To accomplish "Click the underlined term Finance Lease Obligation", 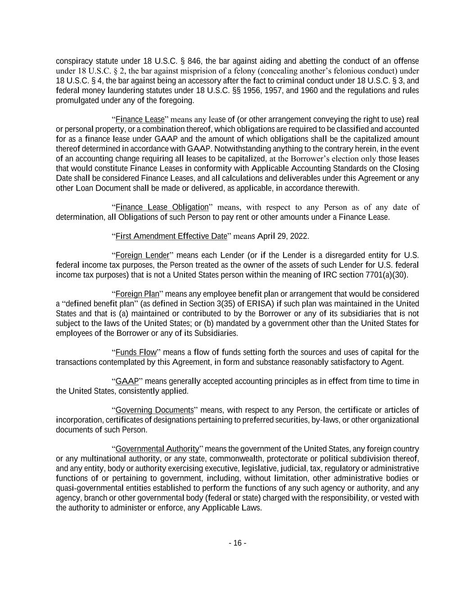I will (x=162, y=207).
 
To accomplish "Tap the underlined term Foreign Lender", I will (x=142, y=255).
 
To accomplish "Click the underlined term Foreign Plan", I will (x=137, y=294).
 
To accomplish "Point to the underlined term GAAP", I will (x=127, y=381).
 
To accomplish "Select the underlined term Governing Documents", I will (x=154, y=410).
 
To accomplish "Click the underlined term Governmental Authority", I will (x=157, y=449).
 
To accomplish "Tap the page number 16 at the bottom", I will (x=237, y=543).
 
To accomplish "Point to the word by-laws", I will (x=321, y=420).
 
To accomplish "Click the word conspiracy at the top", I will (x=72, y=61).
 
